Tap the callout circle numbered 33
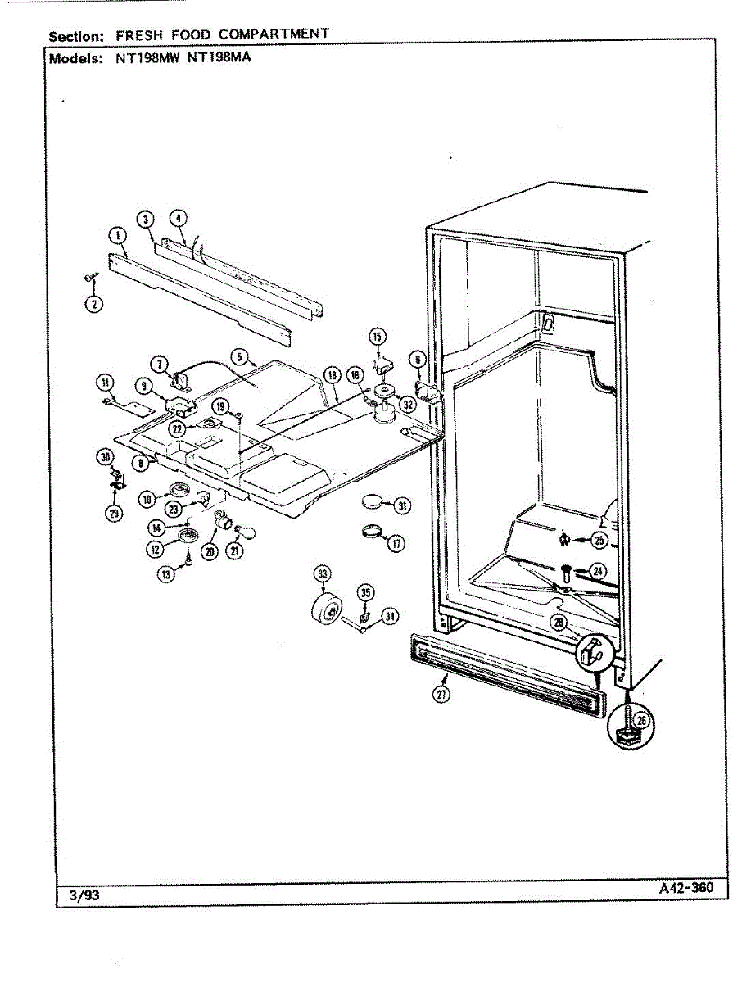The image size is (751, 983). coord(322,573)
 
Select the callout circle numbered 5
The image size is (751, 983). coord(239,356)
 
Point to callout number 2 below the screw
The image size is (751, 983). coord(94,306)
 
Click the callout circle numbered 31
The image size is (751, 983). coord(402,506)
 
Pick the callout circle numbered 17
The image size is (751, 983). coord(396,543)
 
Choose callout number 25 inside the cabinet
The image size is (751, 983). coord(600,540)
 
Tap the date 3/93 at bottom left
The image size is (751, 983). coord(79,895)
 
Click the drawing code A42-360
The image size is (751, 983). coord(685,888)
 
